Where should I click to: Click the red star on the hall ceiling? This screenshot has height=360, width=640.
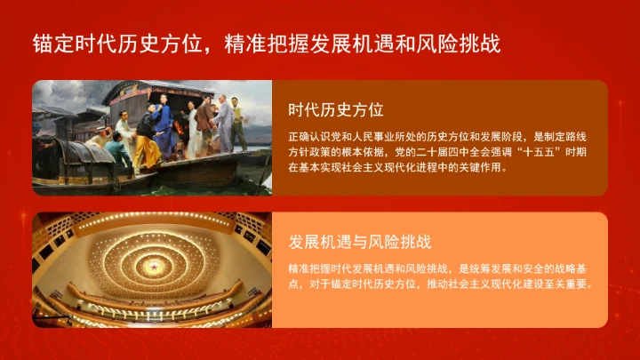coord(152,268)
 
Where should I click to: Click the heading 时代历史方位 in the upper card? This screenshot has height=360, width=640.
coord(335,110)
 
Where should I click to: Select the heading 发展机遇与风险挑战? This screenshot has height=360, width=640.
coord(359,242)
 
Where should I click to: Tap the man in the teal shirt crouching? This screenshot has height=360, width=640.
coord(115,152)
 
